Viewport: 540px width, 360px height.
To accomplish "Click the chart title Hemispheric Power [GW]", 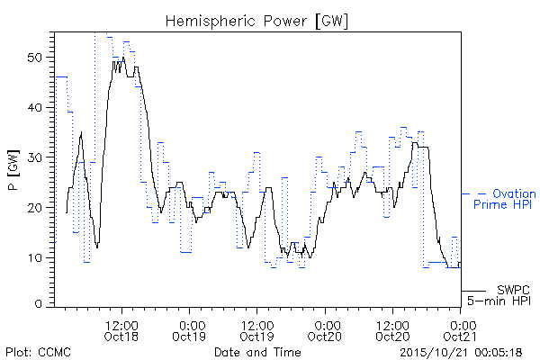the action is (256, 21).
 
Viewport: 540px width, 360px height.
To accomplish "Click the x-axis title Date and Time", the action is (257, 352).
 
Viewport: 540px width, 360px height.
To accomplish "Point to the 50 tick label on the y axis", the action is (34, 58).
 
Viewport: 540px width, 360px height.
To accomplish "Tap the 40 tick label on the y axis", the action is (34, 107).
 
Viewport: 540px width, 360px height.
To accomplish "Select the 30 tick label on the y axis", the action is (34, 157).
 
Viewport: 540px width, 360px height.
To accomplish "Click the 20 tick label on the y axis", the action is (34, 208).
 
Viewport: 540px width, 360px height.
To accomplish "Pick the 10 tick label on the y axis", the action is (34, 257).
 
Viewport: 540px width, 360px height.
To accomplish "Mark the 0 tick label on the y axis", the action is (38, 304).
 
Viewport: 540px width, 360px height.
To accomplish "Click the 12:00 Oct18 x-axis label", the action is (121, 330).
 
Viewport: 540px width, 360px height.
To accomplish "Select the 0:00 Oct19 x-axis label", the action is (189, 330).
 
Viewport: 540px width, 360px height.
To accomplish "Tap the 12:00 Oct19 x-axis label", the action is (256, 330).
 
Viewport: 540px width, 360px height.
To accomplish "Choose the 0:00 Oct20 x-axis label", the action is (324, 330).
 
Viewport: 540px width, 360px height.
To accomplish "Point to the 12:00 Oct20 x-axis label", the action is (392, 330).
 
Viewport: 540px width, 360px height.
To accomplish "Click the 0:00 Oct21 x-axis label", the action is (460, 330).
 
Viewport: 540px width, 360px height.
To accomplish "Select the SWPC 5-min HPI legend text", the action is (499, 295).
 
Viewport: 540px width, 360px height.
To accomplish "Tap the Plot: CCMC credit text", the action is (38, 352).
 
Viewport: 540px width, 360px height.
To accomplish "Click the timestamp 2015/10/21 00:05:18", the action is (461, 352).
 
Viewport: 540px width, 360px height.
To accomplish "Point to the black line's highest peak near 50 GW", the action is (123, 58).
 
